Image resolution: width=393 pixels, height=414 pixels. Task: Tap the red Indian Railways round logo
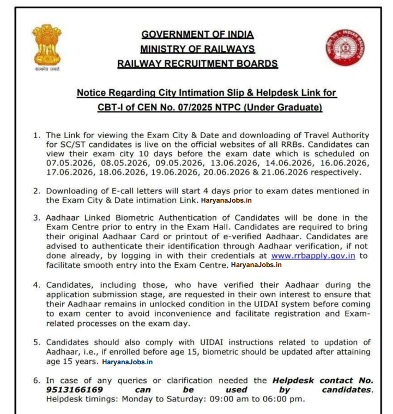point(345,48)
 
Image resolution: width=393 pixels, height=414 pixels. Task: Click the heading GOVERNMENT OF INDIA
point(197,34)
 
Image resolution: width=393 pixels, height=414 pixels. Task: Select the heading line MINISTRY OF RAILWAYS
point(197,49)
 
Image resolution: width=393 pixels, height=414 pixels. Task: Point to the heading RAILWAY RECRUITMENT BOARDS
point(197,64)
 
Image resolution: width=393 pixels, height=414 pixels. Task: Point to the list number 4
point(36,285)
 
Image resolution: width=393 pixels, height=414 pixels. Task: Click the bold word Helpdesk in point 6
point(293,380)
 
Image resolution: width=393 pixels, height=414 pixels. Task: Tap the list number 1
point(36,135)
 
